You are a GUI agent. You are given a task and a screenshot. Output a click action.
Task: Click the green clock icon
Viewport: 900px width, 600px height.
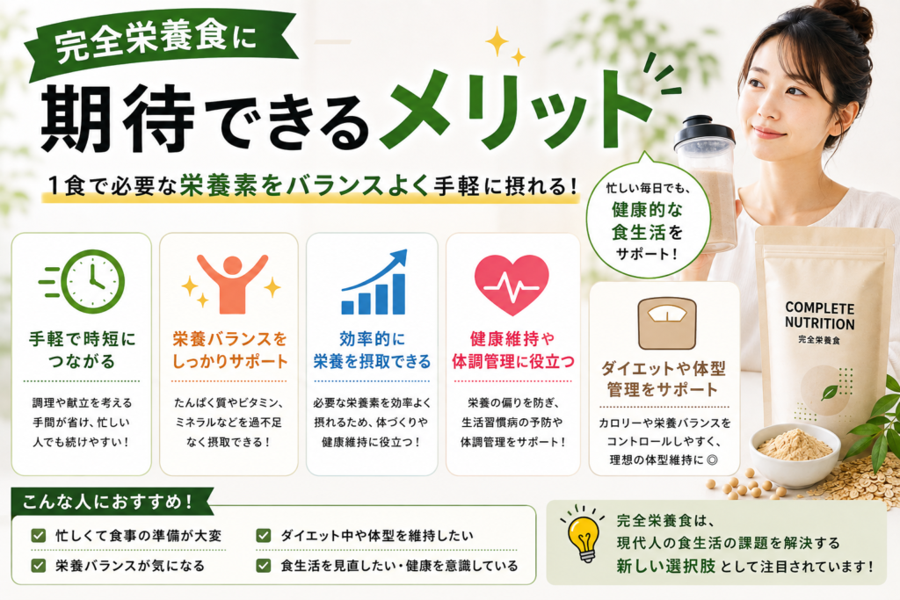click(91, 282)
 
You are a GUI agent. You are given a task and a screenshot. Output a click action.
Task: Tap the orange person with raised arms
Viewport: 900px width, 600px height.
click(232, 284)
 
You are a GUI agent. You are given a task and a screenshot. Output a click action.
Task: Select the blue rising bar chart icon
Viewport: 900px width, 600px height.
click(374, 282)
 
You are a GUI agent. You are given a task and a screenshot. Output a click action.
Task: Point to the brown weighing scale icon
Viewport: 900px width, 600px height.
click(666, 323)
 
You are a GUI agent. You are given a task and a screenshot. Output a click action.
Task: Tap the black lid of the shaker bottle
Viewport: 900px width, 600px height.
click(704, 131)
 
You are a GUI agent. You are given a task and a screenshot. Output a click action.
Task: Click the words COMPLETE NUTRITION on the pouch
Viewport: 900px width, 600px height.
click(820, 315)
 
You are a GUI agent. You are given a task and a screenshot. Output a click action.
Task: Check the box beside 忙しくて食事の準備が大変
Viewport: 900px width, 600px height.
click(39, 536)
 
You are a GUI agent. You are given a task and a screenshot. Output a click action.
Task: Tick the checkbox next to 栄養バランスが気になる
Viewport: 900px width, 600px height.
click(39, 566)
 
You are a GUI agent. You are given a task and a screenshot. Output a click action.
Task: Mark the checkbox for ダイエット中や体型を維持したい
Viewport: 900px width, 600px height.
click(264, 536)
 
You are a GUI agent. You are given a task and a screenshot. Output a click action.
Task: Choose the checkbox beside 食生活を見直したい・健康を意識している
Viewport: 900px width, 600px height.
click(264, 566)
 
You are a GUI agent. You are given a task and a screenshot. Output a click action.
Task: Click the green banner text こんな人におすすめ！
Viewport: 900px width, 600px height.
click(107, 502)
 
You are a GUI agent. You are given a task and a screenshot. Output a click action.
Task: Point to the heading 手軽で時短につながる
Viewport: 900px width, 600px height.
click(82, 350)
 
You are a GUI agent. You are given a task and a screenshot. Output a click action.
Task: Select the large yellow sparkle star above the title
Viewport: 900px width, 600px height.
click(497, 42)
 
